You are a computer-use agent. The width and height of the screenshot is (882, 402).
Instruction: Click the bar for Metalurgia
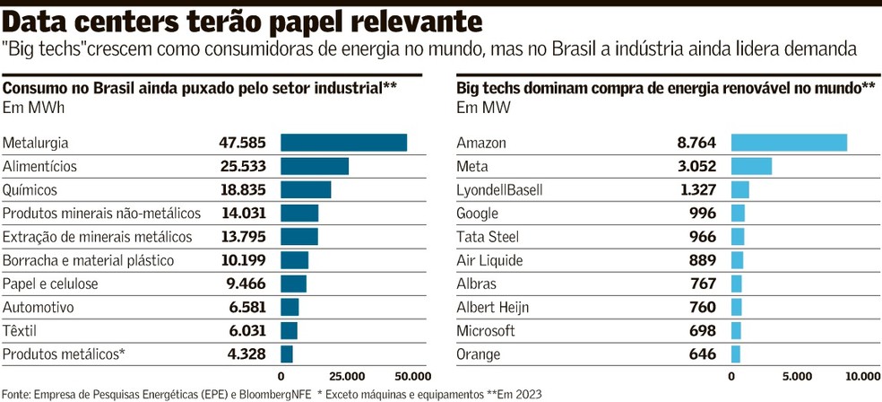(343, 143)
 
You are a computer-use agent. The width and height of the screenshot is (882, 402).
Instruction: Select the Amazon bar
(789, 143)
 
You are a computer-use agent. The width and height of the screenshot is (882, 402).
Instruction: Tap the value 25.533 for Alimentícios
(244, 166)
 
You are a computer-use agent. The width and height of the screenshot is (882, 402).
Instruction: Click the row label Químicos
(30, 189)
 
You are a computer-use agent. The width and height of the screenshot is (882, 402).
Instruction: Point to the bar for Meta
(751, 166)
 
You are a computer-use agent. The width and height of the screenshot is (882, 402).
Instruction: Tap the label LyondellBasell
(499, 189)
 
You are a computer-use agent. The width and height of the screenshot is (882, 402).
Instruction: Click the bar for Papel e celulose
(293, 284)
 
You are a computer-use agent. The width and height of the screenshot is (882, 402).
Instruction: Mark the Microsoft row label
(486, 330)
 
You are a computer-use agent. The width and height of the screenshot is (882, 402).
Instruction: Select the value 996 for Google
(703, 213)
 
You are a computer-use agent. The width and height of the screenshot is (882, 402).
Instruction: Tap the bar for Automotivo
(290, 307)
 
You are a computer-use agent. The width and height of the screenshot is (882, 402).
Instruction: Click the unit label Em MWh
(29, 109)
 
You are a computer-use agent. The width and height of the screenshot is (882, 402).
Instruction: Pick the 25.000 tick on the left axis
(347, 375)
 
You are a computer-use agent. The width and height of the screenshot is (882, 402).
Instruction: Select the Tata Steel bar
(738, 237)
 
